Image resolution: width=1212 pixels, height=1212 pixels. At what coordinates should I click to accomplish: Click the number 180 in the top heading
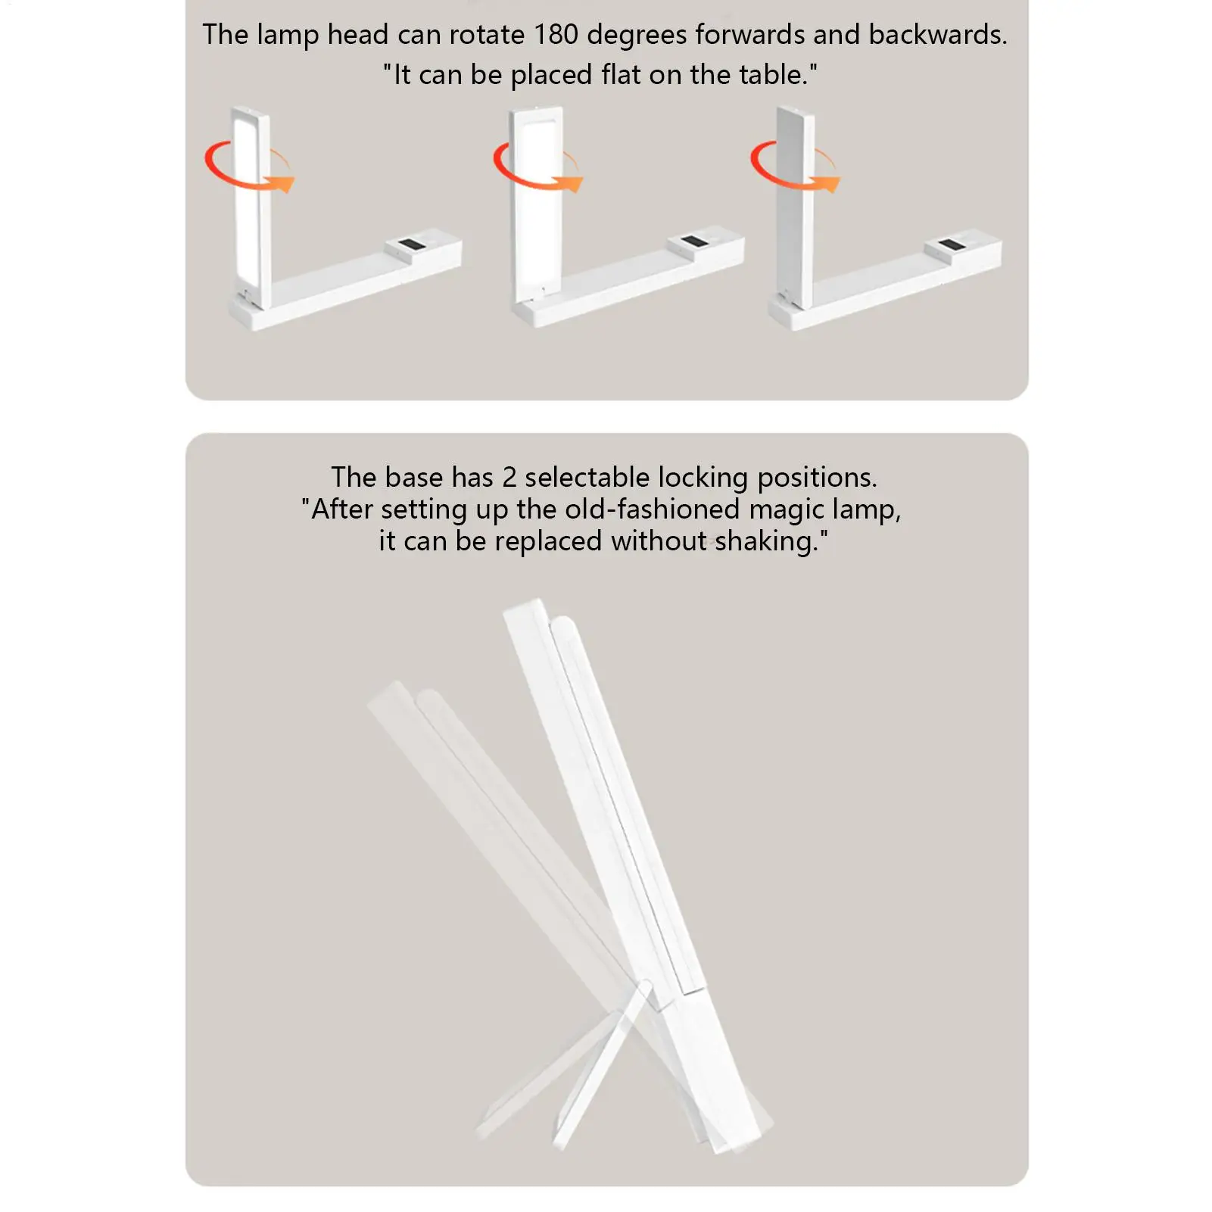556,35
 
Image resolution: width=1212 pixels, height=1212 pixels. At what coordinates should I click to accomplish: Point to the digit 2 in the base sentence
509,478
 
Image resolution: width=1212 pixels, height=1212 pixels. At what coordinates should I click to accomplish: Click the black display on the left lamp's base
411,245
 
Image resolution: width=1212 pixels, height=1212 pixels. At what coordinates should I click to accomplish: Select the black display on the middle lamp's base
693,242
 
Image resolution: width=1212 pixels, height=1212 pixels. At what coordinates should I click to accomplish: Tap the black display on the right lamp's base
951,245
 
